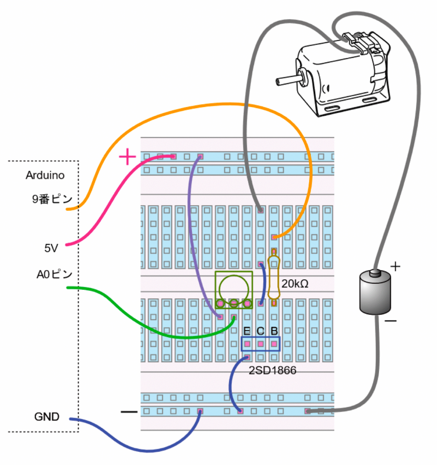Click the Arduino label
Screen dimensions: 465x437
tap(45, 175)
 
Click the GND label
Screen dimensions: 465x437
tap(46, 416)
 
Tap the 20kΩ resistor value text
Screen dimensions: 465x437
tap(295, 284)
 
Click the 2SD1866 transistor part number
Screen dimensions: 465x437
tap(272, 371)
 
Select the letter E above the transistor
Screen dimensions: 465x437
tap(247, 331)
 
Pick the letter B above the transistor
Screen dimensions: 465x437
tap(274, 331)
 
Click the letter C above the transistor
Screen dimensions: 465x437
tap(260, 331)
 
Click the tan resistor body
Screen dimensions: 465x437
tap(274, 277)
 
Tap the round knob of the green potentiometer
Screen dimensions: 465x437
tap(233, 287)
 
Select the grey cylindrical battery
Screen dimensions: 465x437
tap(375, 293)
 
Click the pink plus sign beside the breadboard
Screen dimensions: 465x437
tap(127, 158)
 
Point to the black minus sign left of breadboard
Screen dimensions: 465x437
tap(129, 412)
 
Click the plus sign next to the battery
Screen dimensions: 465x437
tap(395, 266)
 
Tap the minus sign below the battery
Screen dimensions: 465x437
tap(390, 321)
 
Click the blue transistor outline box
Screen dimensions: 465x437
tap(260, 344)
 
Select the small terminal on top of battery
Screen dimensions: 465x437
tap(375, 273)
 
